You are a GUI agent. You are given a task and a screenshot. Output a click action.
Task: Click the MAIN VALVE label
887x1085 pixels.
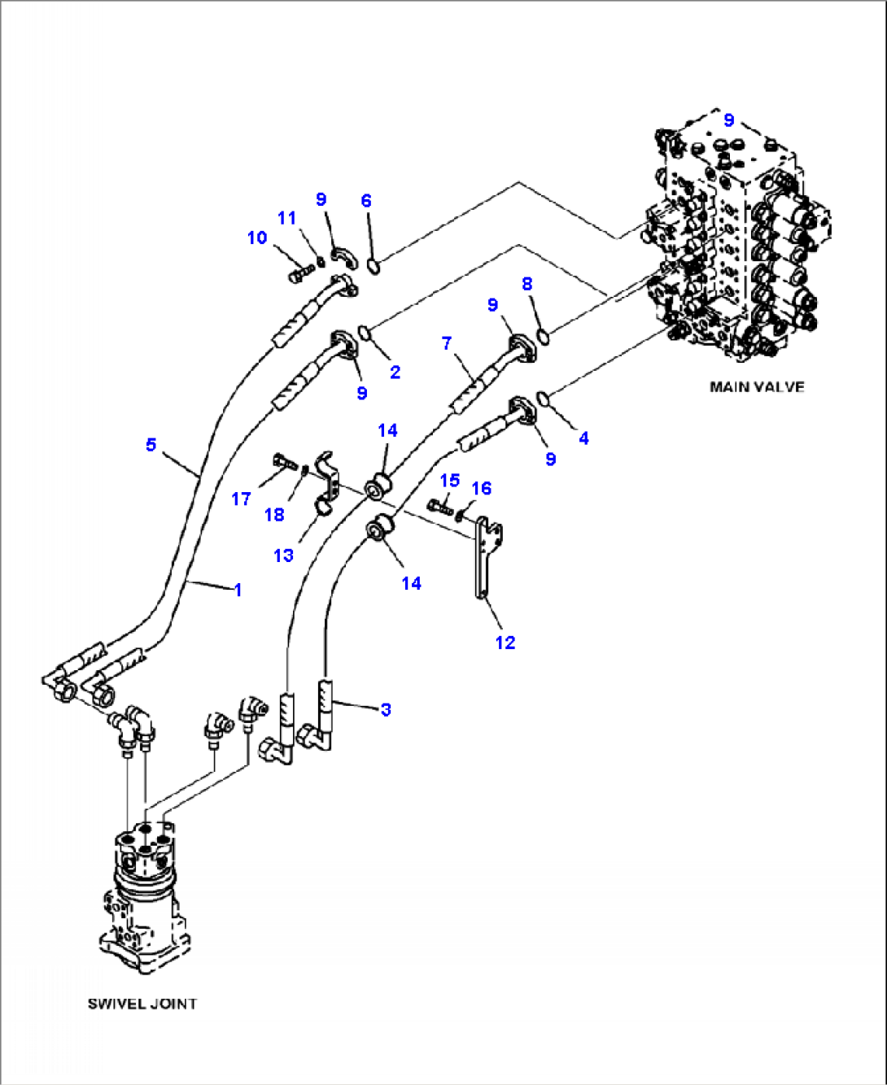tap(757, 387)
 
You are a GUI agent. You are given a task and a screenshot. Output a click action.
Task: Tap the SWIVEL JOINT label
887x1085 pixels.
tap(142, 1004)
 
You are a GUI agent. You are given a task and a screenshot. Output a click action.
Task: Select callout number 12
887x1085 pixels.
tap(505, 643)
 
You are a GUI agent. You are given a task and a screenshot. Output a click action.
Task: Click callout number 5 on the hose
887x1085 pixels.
tap(151, 445)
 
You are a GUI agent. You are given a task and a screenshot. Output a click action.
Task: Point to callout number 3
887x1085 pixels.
tap(386, 709)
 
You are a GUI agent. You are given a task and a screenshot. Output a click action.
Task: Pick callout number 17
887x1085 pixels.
tap(241, 499)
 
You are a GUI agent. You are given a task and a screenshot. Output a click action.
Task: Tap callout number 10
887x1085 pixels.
tap(257, 237)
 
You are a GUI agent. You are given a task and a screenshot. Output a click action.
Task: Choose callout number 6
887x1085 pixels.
tap(366, 201)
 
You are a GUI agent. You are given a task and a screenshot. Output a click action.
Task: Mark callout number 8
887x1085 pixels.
tap(527, 284)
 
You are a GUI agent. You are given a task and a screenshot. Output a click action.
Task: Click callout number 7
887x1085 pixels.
tap(447, 343)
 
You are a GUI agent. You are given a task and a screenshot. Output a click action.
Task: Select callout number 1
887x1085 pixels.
tap(238, 590)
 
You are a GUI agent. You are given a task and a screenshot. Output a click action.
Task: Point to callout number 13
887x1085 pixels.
tap(283, 556)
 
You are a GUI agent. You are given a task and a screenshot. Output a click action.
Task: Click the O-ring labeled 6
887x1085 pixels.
tap(373, 265)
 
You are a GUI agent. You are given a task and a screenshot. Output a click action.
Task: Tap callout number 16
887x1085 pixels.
tap(482, 488)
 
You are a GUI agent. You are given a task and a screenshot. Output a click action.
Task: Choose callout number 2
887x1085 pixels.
tap(395, 373)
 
